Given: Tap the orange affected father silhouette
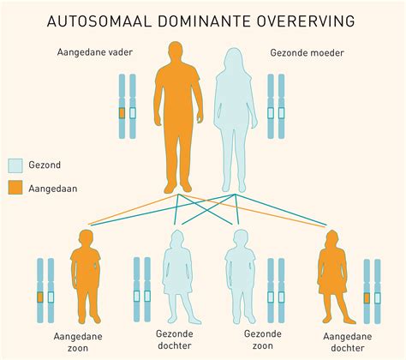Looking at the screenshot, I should click(176, 111).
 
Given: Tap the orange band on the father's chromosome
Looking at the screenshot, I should click(122, 112).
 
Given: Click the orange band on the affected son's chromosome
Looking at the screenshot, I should click(39, 297).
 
